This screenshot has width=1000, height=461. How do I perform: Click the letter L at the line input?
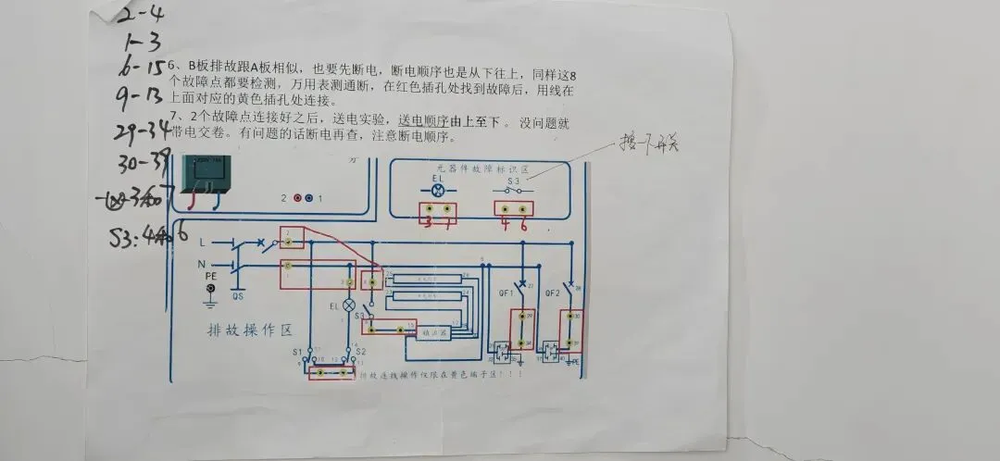pos(202,243)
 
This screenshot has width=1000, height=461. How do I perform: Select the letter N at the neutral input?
pos(202,266)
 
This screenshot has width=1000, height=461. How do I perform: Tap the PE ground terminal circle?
pos(212,290)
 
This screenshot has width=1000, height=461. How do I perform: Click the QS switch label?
pos(237,298)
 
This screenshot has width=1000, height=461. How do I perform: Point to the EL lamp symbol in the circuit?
pos(350,305)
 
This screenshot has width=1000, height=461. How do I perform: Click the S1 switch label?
pos(298,352)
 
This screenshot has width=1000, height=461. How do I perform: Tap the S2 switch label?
pos(361,352)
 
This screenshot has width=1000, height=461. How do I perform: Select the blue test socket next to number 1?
pos(309,199)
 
